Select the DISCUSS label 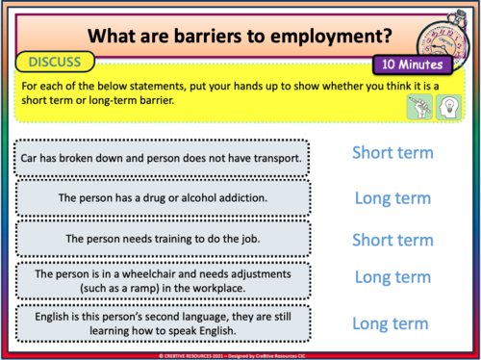(x=55, y=63)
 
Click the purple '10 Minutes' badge (x=412, y=65)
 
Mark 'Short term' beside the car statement (x=392, y=152)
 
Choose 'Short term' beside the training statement (x=392, y=239)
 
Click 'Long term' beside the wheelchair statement (x=392, y=277)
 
